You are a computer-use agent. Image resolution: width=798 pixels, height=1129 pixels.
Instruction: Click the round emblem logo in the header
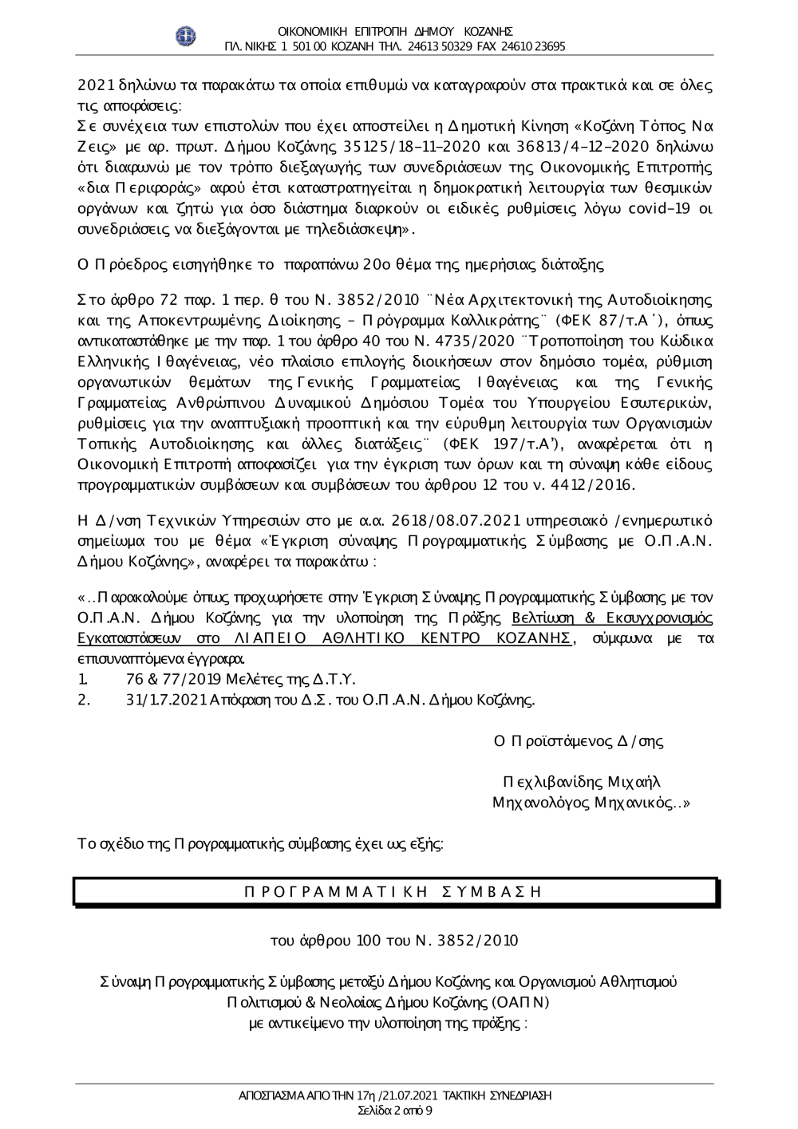pos(186,36)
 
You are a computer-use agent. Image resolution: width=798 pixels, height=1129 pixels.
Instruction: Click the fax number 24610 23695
pos(533,46)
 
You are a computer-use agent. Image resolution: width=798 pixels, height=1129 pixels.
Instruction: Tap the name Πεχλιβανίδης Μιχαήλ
pos(582,782)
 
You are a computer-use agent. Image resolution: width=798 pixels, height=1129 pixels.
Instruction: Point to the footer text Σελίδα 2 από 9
pos(396,1110)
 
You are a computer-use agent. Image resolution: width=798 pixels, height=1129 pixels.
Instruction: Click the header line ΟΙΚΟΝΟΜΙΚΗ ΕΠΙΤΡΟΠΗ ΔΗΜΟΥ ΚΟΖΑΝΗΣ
pos(396,32)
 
